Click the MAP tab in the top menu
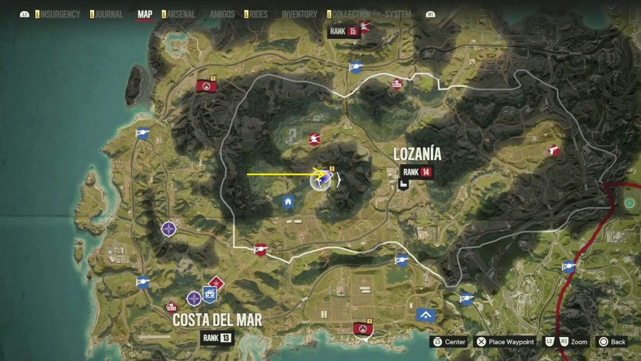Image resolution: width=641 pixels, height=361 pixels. point(145,14)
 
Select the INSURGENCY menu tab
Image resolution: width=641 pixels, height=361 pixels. point(59,14)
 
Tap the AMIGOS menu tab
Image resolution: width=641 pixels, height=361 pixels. point(222,14)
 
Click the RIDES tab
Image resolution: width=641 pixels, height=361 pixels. point(258,14)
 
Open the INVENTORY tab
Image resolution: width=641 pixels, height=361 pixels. point(299,14)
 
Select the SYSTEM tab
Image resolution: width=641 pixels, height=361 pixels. point(397,14)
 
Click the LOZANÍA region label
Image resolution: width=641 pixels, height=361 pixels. point(417,154)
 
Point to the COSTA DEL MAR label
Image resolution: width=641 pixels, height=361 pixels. point(217,320)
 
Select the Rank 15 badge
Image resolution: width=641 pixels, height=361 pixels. point(344,31)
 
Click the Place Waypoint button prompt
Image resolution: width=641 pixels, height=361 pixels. point(505,342)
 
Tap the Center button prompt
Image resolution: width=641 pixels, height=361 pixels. point(449,342)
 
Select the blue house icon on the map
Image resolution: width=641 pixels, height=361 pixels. point(288,201)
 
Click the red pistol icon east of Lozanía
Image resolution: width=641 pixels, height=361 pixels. point(553,149)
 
